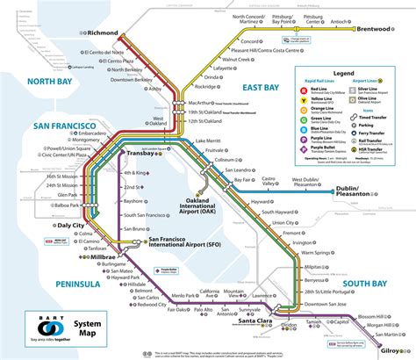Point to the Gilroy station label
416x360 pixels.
coord(395,346)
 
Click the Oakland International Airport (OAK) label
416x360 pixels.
coord(204,205)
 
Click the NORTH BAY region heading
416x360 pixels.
coord(30,83)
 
